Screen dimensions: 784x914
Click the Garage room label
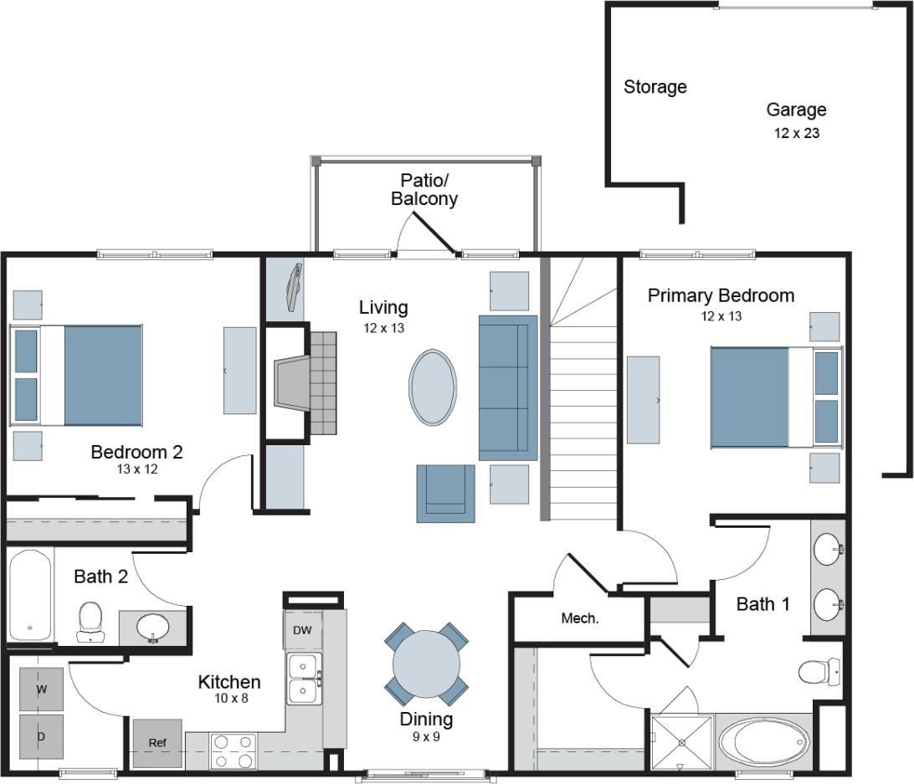[x=796, y=110]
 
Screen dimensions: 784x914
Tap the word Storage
[x=655, y=87]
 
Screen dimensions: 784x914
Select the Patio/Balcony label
[x=424, y=189]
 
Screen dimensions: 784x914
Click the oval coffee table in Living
[x=433, y=387]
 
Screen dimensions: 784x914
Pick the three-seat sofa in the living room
[x=507, y=387]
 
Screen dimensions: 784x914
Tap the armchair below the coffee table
[x=446, y=494]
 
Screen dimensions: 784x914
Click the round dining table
[x=426, y=663]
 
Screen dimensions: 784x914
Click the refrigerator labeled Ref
[x=157, y=743]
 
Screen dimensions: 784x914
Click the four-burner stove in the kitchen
[x=234, y=751]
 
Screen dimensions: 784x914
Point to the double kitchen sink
[x=304, y=679]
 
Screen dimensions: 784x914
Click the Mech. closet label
[x=579, y=618]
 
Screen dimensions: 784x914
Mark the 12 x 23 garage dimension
[x=796, y=133]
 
